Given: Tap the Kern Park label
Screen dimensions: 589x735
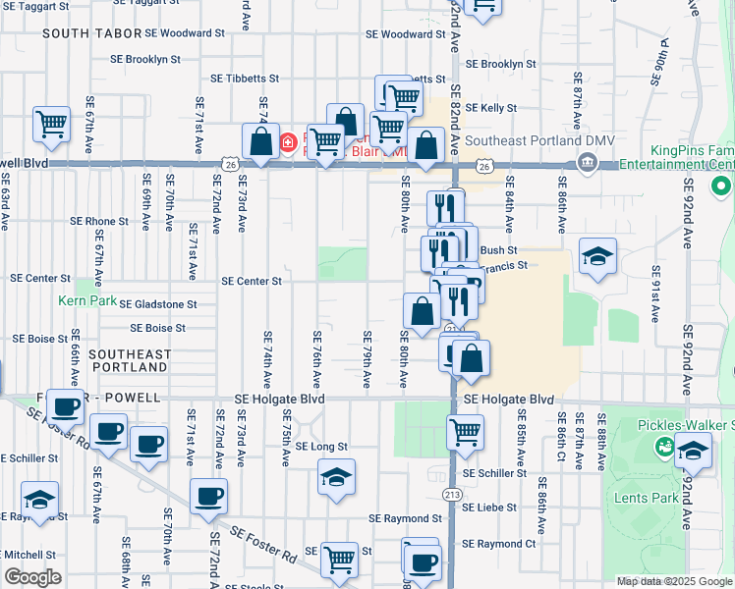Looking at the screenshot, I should (x=87, y=300).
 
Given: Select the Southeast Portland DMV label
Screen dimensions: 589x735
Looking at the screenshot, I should (x=539, y=140).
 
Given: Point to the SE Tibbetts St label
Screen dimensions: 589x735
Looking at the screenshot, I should (x=245, y=79).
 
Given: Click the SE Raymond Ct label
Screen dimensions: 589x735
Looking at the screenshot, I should (x=499, y=543).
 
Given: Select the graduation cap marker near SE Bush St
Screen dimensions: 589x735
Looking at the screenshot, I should (x=596, y=256).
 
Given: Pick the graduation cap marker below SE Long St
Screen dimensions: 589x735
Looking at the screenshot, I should (x=336, y=478).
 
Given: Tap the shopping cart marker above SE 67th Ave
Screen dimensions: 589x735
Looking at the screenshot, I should (x=51, y=124).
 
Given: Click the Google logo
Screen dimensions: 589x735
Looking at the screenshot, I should (x=32, y=576).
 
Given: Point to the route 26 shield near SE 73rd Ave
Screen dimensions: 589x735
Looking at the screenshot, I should (x=229, y=166).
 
